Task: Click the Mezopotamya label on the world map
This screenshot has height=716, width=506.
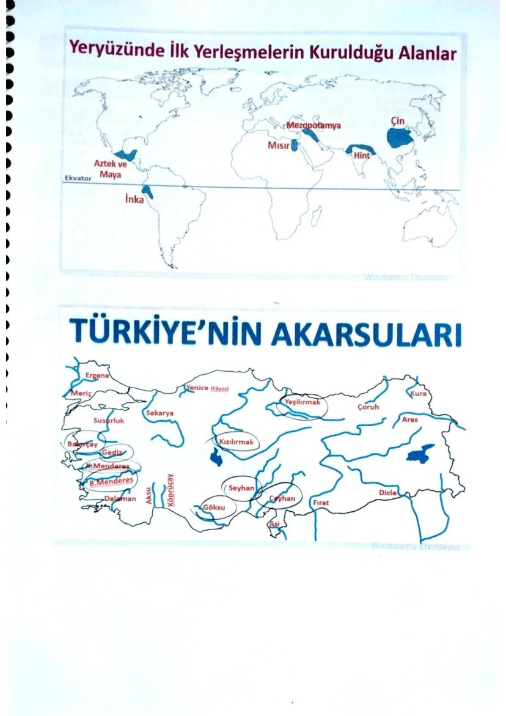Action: point(313,126)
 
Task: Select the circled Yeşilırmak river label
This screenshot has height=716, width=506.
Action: point(303,402)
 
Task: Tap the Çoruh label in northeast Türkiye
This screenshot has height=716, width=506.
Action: point(367,406)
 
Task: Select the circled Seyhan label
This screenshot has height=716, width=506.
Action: point(241,488)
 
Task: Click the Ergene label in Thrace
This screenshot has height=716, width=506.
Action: point(98,376)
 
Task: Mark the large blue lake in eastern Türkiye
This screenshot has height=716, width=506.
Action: point(421,454)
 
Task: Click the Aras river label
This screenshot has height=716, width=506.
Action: point(410,419)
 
